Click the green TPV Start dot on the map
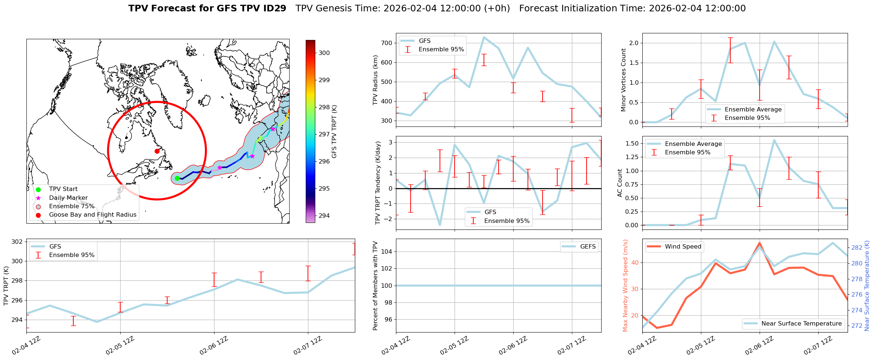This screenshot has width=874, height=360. point(177,179)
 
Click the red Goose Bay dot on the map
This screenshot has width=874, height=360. point(157,151)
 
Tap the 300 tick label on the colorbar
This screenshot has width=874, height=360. point(324,53)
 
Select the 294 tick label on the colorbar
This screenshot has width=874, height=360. point(324,216)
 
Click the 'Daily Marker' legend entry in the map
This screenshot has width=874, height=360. point(68,198)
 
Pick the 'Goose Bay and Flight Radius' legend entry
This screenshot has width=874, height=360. point(92,215)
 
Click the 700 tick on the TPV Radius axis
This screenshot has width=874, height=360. point(387,43)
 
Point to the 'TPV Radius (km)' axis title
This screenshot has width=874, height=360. point(375,80)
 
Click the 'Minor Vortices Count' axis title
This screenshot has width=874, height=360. point(623,80)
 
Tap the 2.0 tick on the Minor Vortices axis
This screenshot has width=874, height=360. point(634,43)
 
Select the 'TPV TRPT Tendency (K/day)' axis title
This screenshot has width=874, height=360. point(378,183)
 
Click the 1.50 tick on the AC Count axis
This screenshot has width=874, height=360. point(631,143)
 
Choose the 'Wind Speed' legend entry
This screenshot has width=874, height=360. point(683,247)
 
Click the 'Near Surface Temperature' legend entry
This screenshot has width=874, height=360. point(801,324)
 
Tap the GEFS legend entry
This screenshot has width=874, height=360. point(588,247)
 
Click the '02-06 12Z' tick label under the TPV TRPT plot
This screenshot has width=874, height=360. point(214,346)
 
